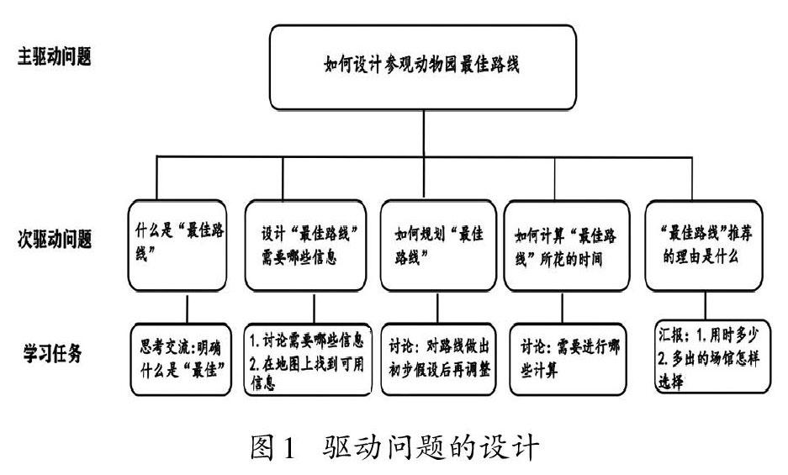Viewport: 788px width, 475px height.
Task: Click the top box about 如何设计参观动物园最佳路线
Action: click(x=423, y=67)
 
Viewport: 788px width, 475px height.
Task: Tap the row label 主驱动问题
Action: click(x=55, y=56)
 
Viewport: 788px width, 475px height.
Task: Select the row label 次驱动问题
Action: click(x=55, y=239)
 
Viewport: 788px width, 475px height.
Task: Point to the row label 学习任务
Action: click(x=52, y=353)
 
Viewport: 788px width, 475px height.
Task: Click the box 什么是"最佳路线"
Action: click(x=177, y=245)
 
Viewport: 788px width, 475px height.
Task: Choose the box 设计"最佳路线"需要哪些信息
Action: click(x=305, y=245)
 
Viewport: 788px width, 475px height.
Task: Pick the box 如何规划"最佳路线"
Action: click(x=438, y=245)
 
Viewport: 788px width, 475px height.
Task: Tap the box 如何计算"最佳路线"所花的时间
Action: click(x=566, y=245)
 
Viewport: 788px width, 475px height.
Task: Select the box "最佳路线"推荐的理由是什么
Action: click(x=704, y=245)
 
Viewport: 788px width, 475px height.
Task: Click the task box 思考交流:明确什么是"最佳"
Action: click(x=181, y=359)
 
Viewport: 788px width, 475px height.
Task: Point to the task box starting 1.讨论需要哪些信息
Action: click(x=308, y=359)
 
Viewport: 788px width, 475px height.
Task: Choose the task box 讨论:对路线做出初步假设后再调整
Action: click(x=438, y=359)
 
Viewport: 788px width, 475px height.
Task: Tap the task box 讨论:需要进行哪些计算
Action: click(x=568, y=359)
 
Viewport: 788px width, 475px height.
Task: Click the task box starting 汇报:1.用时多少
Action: click(x=712, y=356)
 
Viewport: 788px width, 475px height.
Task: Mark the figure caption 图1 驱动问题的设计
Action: click(x=394, y=446)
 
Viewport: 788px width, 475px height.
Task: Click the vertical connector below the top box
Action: click(x=424, y=133)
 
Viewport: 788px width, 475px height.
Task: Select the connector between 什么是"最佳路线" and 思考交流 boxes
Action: click(x=188, y=309)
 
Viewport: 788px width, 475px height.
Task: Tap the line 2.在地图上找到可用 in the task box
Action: click(x=307, y=364)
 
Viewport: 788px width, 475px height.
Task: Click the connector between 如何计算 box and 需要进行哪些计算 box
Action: click(x=563, y=309)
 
